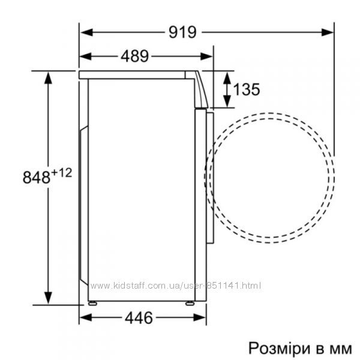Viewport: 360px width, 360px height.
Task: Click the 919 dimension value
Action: (182, 32)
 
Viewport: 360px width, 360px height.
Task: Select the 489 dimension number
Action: (135, 56)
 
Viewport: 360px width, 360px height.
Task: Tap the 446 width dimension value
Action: (139, 318)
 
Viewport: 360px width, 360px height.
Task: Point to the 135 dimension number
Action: (247, 89)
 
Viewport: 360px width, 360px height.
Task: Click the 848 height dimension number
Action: (36, 177)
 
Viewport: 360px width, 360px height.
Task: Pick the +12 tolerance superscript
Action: (62, 173)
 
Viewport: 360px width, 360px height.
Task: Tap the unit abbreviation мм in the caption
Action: (340, 350)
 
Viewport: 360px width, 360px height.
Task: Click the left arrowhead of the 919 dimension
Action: (86, 32)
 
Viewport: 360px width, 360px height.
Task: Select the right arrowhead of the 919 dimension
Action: (327, 32)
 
